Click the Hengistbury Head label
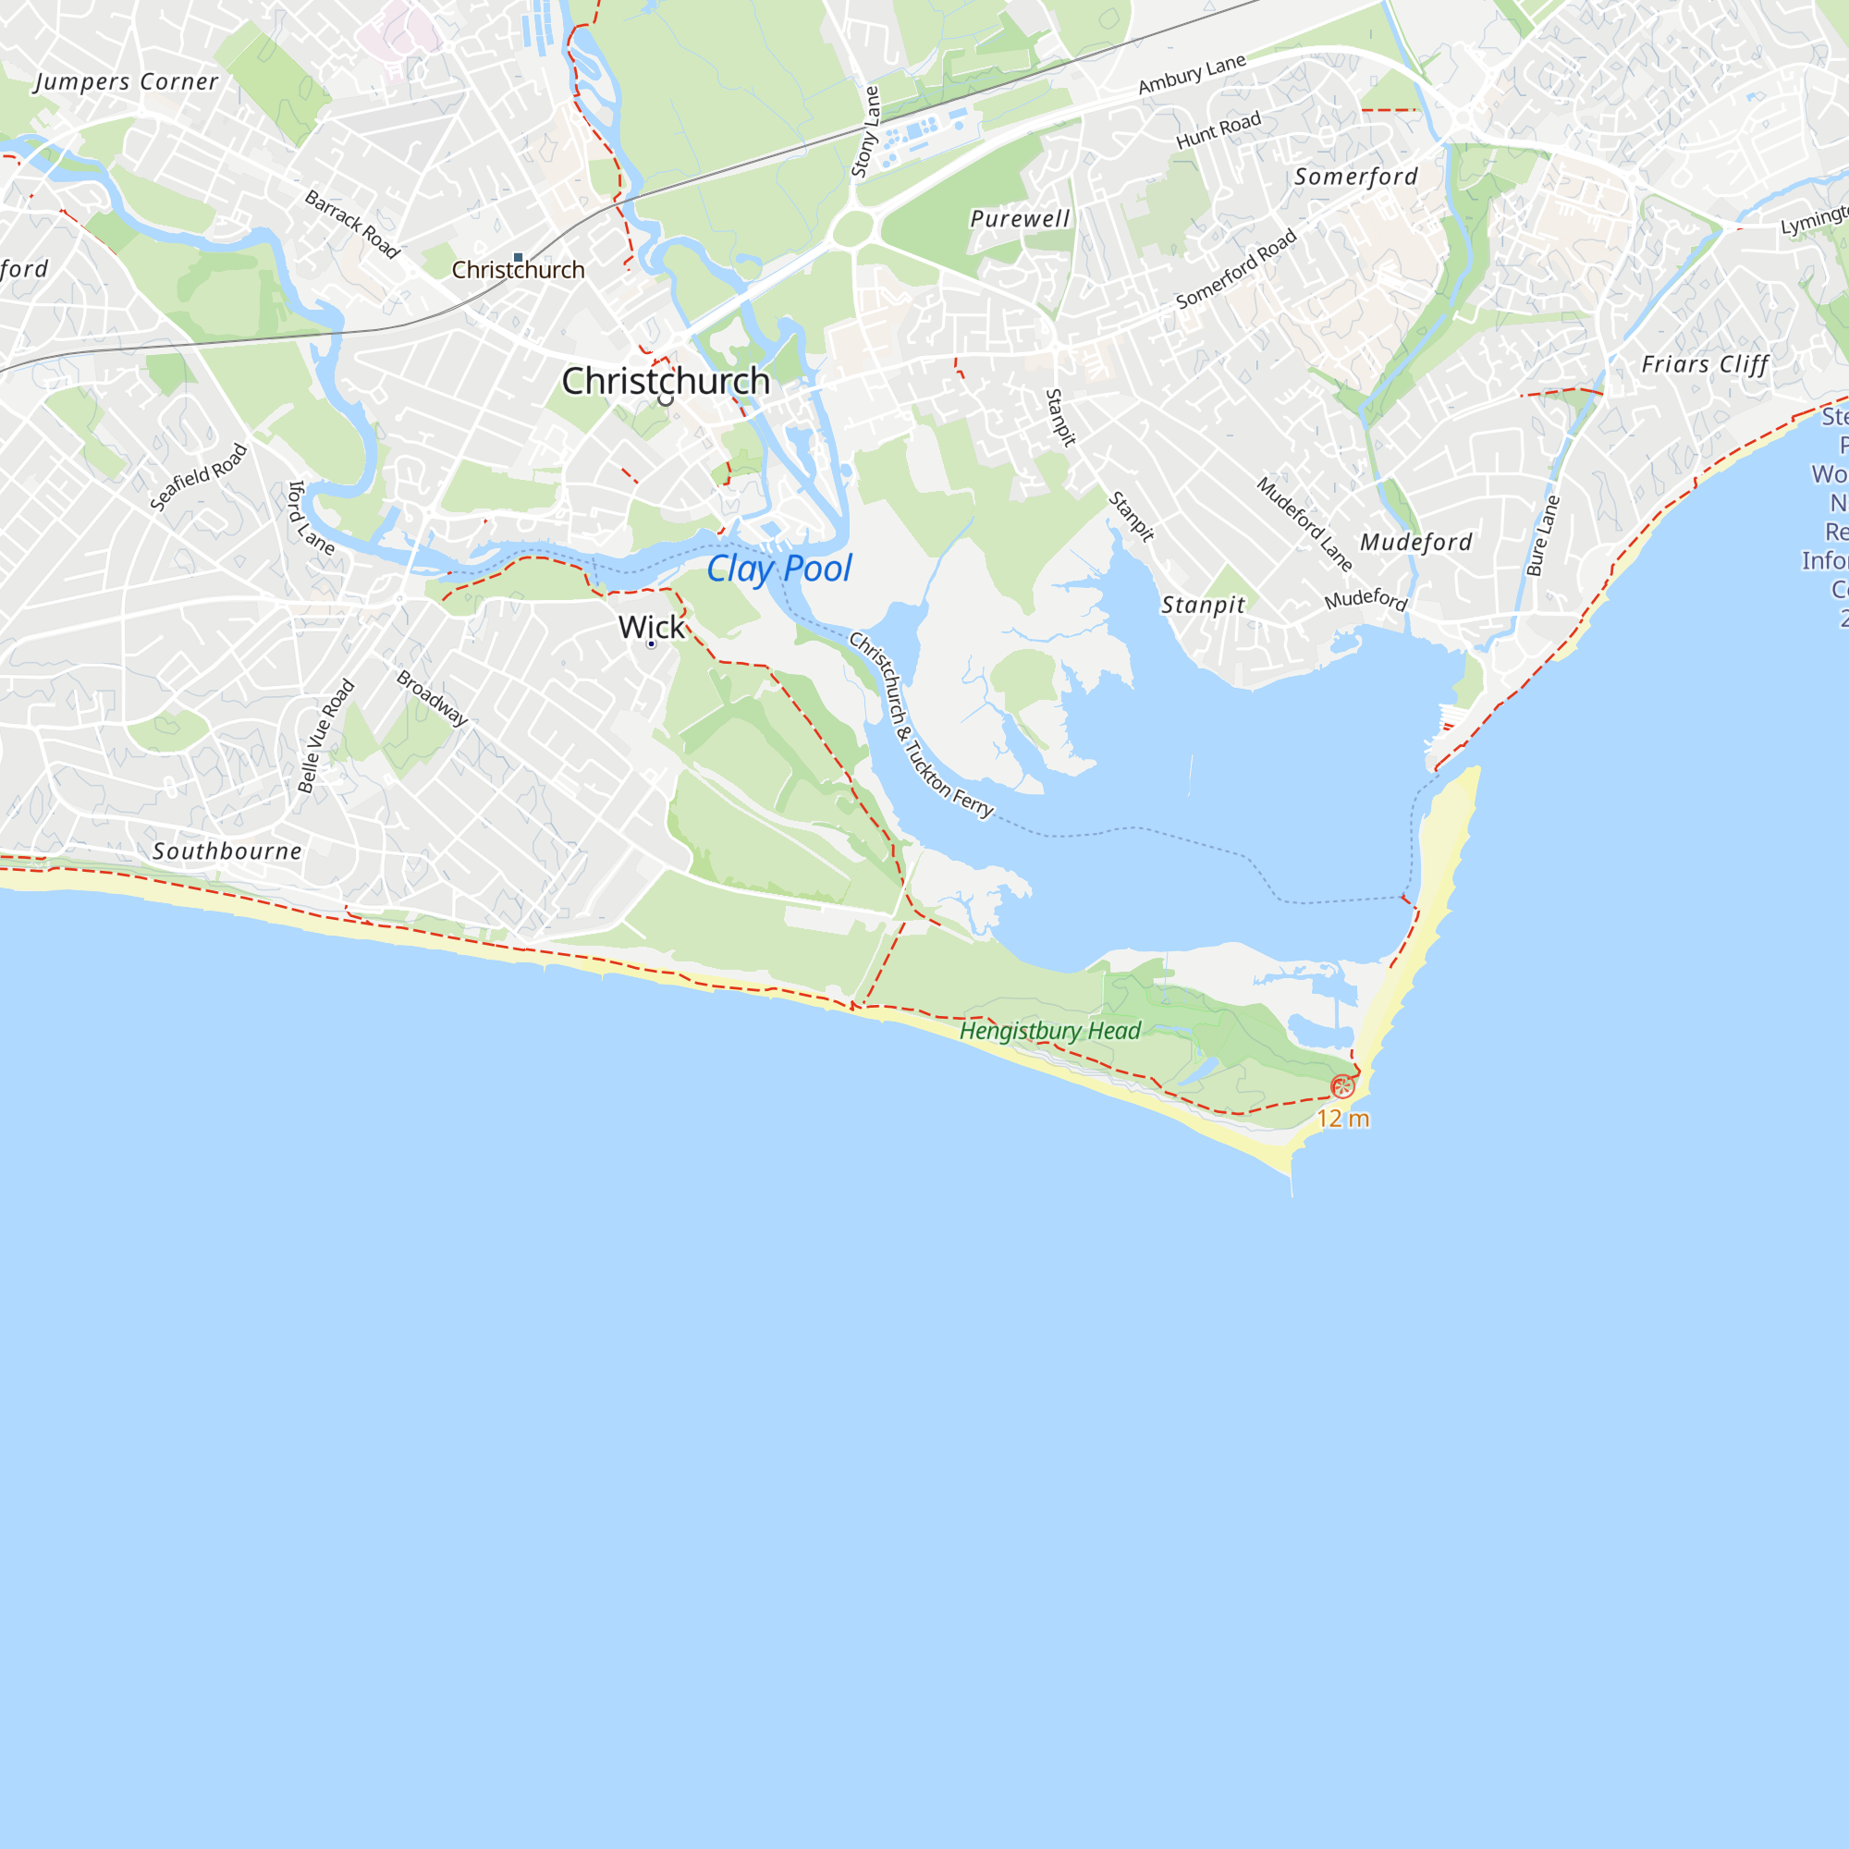coord(1050,1031)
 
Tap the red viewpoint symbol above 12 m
coord(1342,1086)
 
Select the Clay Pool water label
coord(779,569)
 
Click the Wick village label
coord(652,627)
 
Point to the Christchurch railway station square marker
coord(518,257)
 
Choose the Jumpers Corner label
coord(127,82)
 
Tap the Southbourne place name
coord(227,851)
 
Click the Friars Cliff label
coord(1705,364)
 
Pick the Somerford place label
coord(1356,178)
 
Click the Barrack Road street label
coord(351,224)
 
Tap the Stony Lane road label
coord(865,132)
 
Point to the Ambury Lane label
coord(1192,74)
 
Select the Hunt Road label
coord(1218,130)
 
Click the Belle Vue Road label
coord(326,736)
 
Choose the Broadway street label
coord(433,698)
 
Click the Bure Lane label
coord(1543,536)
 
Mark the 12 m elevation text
coord(1342,1119)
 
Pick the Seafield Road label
coord(199,477)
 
